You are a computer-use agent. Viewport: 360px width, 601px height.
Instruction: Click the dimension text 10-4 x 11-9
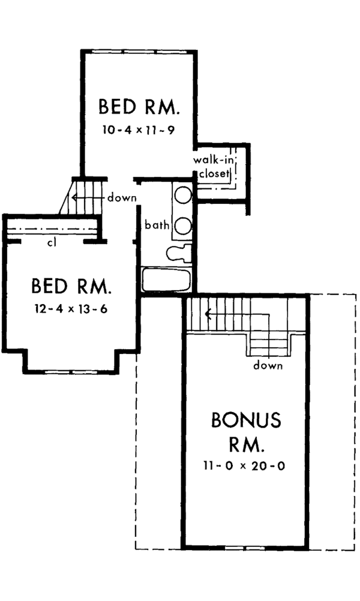tap(139, 130)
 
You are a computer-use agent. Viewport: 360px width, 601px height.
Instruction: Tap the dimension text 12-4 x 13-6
tap(71, 309)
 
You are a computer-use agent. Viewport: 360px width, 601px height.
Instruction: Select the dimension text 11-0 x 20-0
tap(244, 466)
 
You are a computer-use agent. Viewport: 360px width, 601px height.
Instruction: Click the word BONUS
tap(246, 420)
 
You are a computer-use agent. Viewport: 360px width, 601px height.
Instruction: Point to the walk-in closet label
tap(214, 167)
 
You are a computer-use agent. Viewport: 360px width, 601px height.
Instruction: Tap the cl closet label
tap(52, 243)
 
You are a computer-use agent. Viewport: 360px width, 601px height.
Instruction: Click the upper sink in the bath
tap(183, 195)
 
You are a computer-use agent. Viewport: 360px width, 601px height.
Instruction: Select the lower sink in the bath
tap(183, 226)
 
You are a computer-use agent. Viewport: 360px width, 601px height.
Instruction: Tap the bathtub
tap(166, 280)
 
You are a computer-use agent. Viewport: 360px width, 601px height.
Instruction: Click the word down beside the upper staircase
tap(122, 198)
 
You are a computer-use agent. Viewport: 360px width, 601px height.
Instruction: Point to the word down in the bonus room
tap(268, 365)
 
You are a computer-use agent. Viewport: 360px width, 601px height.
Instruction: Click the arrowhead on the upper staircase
tap(74, 198)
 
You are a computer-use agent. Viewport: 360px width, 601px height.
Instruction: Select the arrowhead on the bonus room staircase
tap(208, 315)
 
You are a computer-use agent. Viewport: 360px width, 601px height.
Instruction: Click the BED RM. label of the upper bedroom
tap(139, 107)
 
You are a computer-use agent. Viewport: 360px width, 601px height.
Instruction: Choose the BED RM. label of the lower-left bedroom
tap(71, 286)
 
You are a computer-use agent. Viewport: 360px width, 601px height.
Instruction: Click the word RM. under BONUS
tap(247, 445)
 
